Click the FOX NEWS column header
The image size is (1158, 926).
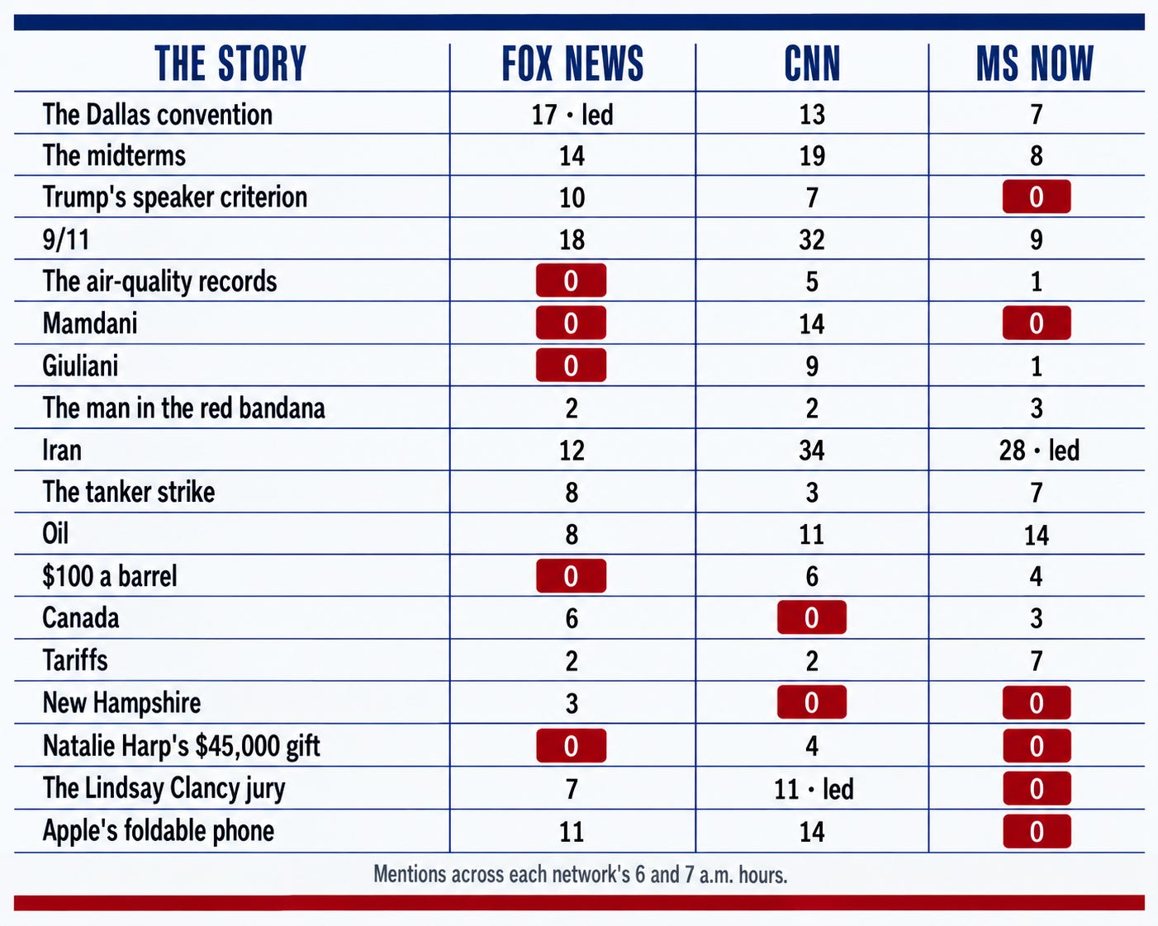[x=572, y=64]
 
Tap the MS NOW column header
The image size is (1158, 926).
[x=1035, y=64]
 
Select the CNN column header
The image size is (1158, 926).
[x=812, y=64]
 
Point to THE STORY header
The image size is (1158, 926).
[x=230, y=64]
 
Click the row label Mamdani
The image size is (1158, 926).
[x=90, y=324]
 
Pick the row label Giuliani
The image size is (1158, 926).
[x=80, y=366]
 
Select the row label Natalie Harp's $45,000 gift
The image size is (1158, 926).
[x=182, y=746]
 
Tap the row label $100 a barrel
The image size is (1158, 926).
[x=110, y=576]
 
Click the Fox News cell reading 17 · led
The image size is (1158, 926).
[x=572, y=115]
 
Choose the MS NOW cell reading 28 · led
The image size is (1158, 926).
[x=1039, y=450]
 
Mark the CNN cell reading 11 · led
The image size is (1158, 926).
[x=814, y=789]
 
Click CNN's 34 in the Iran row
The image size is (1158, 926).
[x=812, y=450]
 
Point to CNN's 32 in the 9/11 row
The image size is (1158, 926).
[x=812, y=239]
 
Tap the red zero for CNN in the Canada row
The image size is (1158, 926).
[x=811, y=617]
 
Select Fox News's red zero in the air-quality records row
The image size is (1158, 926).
[x=571, y=280]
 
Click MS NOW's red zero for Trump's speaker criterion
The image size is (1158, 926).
[x=1037, y=196]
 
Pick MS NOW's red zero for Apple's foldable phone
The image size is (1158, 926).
[x=1037, y=831]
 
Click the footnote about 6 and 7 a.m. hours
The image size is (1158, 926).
[x=580, y=874]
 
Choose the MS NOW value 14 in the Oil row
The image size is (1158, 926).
[x=1037, y=535]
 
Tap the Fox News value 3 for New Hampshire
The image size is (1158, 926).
[x=572, y=703]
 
